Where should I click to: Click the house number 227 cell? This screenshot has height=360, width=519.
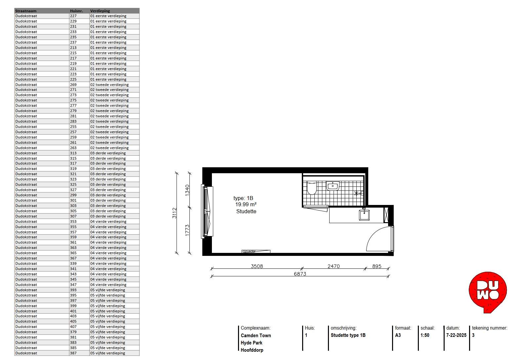coord(73,16)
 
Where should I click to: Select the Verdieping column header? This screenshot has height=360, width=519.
coord(100,11)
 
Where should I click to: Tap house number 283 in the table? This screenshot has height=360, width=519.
coord(73,121)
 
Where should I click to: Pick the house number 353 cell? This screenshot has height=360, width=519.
coord(73,221)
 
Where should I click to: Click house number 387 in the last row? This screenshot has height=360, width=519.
coord(73,353)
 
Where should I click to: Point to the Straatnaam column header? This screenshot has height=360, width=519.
coord(26,11)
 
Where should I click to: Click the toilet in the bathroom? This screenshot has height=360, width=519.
coord(312,188)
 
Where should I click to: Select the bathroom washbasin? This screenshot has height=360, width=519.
coord(333,185)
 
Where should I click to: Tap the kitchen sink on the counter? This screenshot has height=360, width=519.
coord(364,214)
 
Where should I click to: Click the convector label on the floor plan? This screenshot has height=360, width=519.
coord(249,251)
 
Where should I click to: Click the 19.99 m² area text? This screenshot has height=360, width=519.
coord(246,205)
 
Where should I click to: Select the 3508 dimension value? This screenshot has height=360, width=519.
coord(257,266)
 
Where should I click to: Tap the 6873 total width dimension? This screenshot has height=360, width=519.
coord(300,274)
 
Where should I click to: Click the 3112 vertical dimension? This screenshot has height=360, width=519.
coord(175,213)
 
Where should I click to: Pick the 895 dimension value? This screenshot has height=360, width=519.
coord(377,266)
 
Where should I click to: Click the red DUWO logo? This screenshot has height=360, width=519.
coord(488,292)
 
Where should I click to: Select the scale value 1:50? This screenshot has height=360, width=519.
coord(425,335)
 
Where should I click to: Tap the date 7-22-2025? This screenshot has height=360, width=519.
coord(456,335)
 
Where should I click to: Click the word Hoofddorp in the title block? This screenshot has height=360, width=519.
coord(252,350)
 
